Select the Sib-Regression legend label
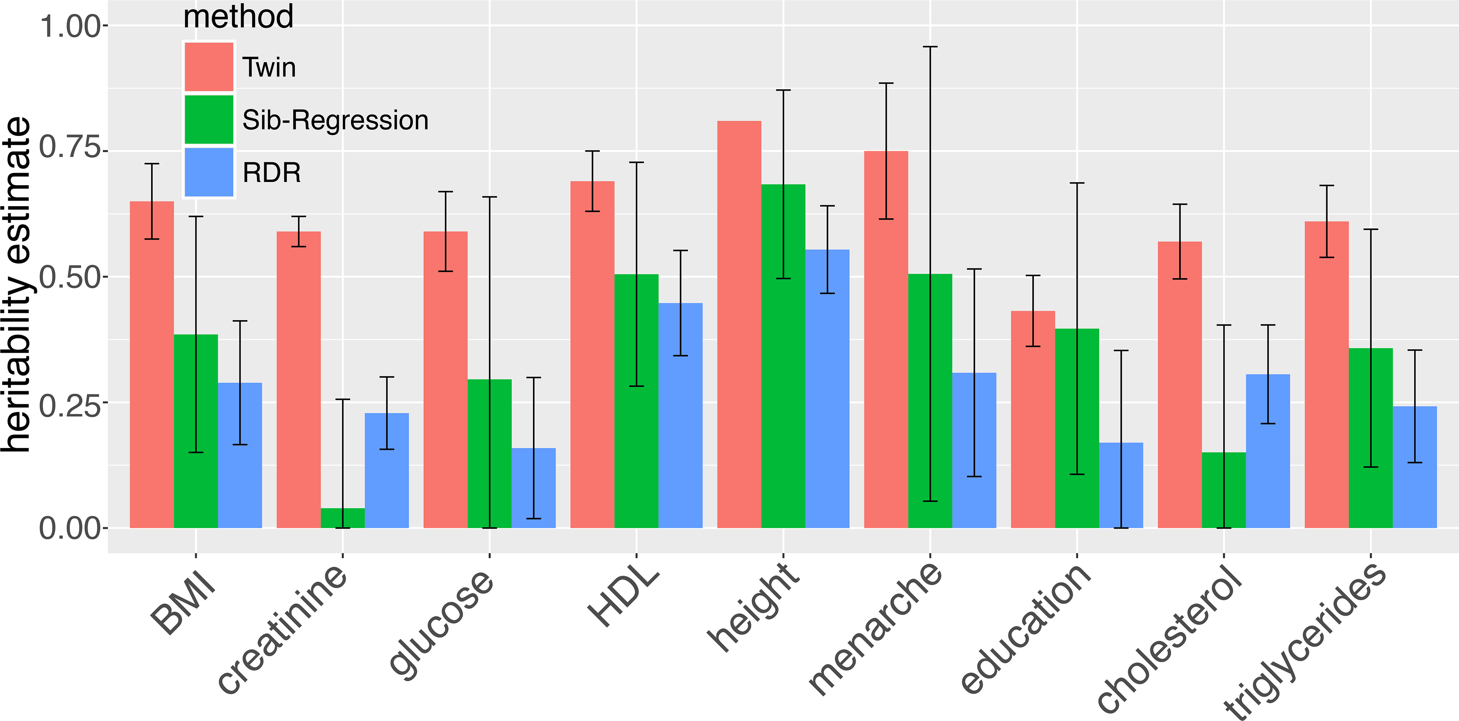[x=335, y=120]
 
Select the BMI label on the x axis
[x=182, y=603]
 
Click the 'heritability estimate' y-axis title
[x=16, y=284]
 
